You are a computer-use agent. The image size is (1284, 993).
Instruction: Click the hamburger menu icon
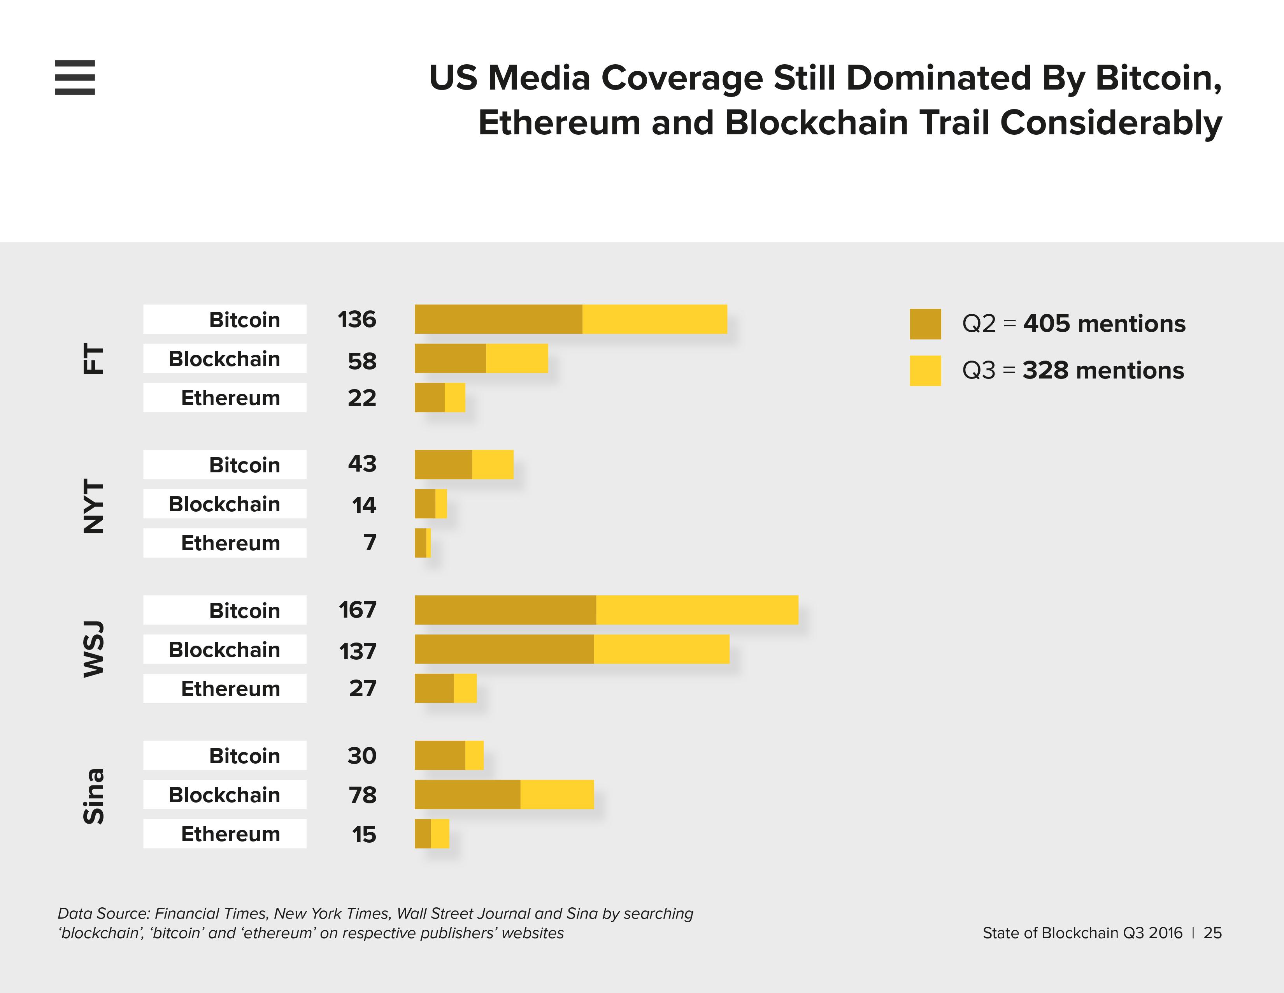(75, 77)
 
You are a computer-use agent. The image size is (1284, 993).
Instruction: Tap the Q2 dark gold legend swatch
(925, 324)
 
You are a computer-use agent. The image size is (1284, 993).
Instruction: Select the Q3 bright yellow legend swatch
(925, 371)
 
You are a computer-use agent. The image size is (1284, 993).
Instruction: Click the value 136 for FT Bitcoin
(357, 319)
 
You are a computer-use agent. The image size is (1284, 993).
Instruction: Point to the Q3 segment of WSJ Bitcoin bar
(697, 610)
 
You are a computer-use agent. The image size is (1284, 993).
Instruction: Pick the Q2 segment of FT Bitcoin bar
(498, 319)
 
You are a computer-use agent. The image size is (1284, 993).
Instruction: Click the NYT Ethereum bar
(423, 543)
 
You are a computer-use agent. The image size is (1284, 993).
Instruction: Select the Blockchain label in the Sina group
(224, 795)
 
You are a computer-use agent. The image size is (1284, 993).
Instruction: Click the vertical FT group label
(93, 359)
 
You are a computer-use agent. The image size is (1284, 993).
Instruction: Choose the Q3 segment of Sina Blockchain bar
(557, 795)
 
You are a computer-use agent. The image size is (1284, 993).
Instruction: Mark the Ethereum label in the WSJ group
(230, 688)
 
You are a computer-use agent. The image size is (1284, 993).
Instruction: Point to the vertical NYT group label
(93, 506)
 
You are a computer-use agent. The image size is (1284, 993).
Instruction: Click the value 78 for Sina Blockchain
(362, 795)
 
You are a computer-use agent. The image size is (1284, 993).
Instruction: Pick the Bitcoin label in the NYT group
(245, 465)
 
